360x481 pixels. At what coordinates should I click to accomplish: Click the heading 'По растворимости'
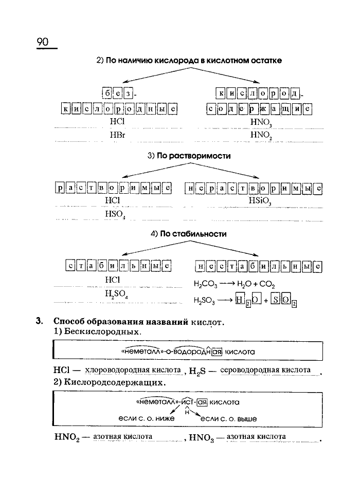[x=189, y=155]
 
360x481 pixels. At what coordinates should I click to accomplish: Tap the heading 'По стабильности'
[x=189, y=233]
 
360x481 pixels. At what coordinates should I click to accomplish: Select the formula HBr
[x=117, y=134]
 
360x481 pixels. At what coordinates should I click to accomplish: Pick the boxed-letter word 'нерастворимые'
[x=253, y=188]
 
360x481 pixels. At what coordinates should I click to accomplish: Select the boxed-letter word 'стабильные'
[x=118, y=266]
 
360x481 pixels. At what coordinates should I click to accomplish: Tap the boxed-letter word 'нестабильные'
[x=259, y=266]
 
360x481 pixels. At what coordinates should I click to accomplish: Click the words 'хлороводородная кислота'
[x=133, y=370]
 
